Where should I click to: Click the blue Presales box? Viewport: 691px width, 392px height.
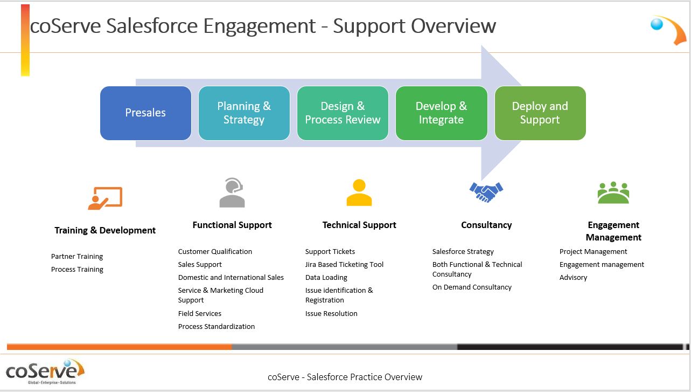point(145,113)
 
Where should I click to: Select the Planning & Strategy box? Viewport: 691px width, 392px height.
point(244,113)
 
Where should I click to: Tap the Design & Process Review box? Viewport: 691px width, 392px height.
point(343,113)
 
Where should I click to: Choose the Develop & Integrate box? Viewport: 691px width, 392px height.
point(442,113)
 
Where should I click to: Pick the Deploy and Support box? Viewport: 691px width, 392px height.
point(540,113)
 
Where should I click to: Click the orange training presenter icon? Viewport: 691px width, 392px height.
point(105,198)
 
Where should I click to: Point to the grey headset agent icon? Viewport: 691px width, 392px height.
point(232,192)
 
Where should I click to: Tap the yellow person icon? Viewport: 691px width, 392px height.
point(359,192)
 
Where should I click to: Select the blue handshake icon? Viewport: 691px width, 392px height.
point(486,192)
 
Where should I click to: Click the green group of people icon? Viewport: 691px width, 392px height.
point(613,192)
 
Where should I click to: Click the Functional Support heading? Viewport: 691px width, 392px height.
point(232,225)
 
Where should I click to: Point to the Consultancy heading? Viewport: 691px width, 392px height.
point(486,225)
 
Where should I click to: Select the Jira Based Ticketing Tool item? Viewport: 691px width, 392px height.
point(344,264)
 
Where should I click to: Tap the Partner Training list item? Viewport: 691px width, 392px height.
point(77,257)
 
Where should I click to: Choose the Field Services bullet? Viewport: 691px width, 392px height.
point(200,313)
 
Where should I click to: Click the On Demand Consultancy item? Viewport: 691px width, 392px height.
point(472,287)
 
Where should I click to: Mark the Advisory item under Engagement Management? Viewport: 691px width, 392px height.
point(573,277)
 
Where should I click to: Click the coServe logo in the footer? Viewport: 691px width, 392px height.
point(45,372)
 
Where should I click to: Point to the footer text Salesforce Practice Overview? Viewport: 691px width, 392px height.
point(364,377)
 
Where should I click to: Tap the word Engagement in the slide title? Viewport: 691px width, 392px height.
point(259,26)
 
